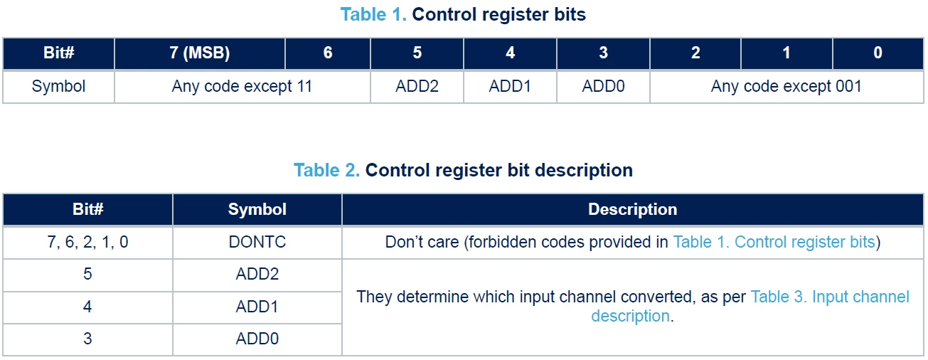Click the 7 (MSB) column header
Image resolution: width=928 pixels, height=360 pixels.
click(x=200, y=53)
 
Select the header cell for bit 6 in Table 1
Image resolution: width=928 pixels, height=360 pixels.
click(x=328, y=53)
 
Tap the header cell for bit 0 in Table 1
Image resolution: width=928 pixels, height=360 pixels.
click(x=878, y=53)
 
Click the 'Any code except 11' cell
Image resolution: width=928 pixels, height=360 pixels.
click(x=242, y=87)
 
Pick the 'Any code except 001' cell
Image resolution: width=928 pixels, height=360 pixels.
click(x=786, y=87)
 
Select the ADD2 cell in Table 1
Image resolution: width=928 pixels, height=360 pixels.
click(x=417, y=87)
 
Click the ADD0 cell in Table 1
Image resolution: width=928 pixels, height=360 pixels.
click(x=603, y=87)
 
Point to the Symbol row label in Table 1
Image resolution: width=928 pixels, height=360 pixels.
click(x=58, y=87)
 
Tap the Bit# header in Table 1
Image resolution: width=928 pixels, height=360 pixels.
click(x=58, y=53)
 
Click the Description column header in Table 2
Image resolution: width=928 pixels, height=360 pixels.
click(x=633, y=210)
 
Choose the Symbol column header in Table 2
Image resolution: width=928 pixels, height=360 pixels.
click(x=257, y=210)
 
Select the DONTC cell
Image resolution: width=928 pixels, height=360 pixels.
click(x=257, y=243)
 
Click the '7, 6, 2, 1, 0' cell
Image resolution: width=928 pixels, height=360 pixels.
click(x=87, y=243)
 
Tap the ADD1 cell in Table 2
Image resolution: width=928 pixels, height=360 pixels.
click(x=257, y=307)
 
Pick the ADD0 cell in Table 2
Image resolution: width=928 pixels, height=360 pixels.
click(x=257, y=339)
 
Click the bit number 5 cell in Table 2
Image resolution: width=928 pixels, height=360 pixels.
click(x=87, y=274)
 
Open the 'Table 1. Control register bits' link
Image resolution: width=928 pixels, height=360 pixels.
click(x=774, y=243)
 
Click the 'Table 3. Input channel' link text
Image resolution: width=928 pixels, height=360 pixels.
click(x=830, y=297)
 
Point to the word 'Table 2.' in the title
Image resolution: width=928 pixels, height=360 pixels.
click(x=327, y=170)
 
